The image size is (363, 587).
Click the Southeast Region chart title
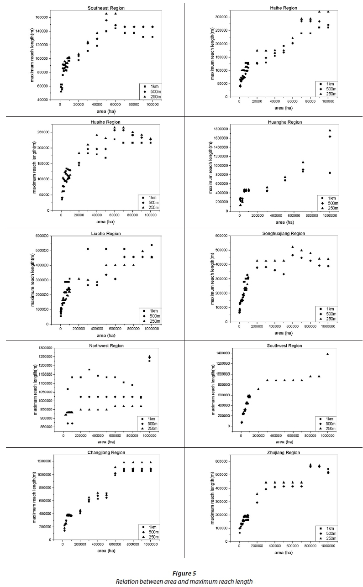pos(106,8)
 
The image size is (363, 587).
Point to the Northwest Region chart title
pos(106,346)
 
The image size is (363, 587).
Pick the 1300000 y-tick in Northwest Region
pos(45,349)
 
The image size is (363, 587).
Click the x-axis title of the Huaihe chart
pos(106,222)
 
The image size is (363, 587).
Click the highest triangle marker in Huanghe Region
pos(330,131)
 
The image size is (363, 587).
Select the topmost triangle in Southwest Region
pos(327,354)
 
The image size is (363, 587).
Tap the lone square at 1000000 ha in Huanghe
pos(330,173)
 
